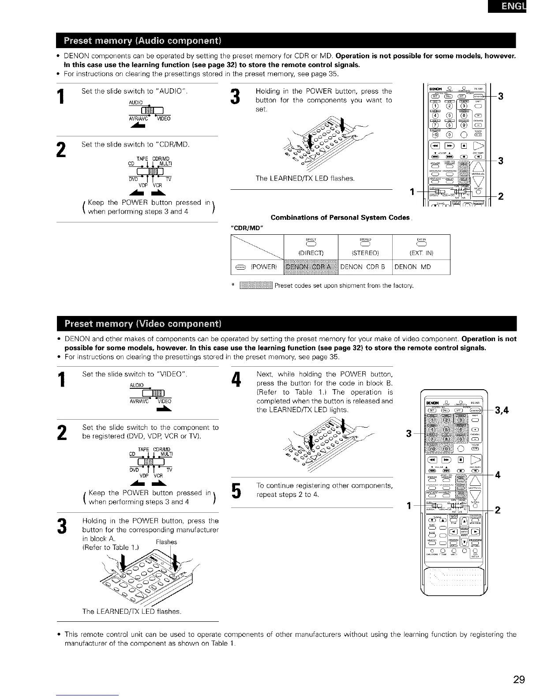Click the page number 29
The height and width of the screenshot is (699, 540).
pos(519,679)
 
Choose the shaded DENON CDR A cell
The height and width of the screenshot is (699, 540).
pos(310,267)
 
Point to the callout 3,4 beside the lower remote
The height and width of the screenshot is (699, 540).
pos(502,410)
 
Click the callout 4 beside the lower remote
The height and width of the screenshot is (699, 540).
pos(498,475)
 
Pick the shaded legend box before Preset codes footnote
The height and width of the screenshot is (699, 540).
pos(256,286)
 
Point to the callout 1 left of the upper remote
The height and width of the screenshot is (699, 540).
pos(412,192)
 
